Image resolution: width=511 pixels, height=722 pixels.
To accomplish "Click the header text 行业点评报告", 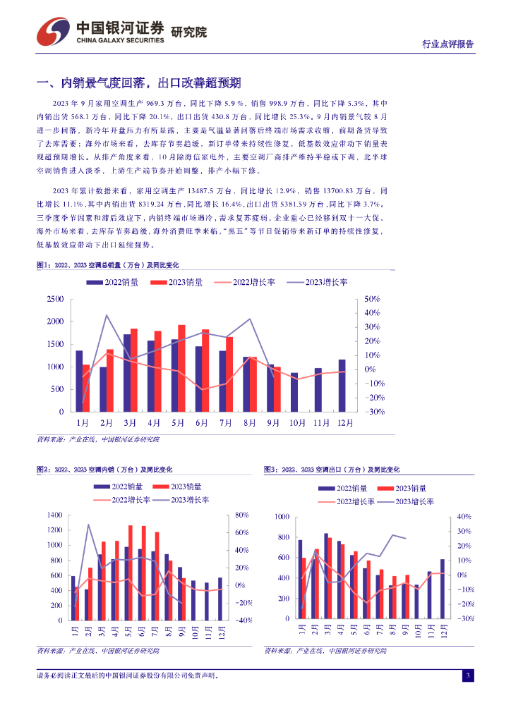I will click(447, 44).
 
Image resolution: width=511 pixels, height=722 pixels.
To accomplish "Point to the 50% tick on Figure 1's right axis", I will click(371, 300).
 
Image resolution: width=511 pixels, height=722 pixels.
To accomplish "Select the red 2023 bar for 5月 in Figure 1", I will click(181, 368).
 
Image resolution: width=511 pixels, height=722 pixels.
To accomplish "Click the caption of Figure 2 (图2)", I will click(105, 469).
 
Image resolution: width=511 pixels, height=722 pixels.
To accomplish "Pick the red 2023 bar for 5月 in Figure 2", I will click(131, 573).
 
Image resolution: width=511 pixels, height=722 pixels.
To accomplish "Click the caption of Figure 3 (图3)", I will click(331, 469).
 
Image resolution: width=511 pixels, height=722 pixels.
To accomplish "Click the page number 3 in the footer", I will click(467, 676).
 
